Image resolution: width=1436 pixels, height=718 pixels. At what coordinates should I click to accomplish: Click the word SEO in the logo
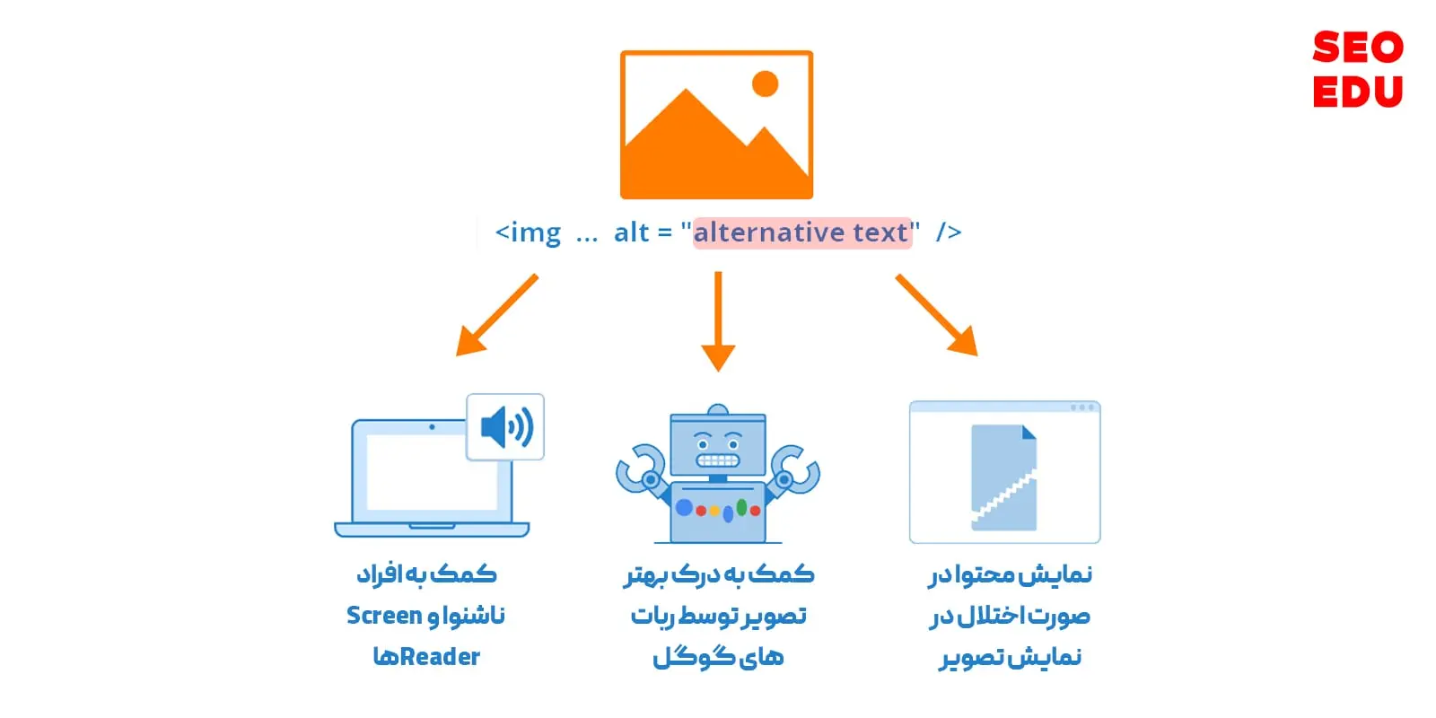(x=1357, y=48)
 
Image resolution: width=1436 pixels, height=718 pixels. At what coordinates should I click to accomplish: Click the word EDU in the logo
(x=1357, y=92)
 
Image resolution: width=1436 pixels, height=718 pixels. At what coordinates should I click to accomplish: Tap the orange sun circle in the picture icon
(x=765, y=84)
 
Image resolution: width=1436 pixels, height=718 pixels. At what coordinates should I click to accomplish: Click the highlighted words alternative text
(x=801, y=232)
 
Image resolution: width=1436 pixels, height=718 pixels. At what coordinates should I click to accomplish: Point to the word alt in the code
(x=631, y=232)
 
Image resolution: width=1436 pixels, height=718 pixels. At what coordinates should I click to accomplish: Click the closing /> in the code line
(x=948, y=232)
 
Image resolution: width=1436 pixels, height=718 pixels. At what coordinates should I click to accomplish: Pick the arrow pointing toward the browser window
(x=936, y=315)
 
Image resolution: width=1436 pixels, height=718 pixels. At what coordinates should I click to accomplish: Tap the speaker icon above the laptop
(x=505, y=427)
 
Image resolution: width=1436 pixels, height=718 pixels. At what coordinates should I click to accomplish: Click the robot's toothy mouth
(x=717, y=460)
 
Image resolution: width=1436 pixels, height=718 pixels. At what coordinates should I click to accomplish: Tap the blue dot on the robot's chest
(x=684, y=508)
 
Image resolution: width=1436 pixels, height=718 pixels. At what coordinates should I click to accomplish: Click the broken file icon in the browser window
(x=1003, y=477)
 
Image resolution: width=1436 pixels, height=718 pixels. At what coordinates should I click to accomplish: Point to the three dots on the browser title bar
(x=1082, y=407)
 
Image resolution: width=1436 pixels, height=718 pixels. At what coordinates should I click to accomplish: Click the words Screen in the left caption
(x=384, y=616)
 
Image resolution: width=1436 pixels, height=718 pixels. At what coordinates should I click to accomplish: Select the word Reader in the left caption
(x=440, y=657)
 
